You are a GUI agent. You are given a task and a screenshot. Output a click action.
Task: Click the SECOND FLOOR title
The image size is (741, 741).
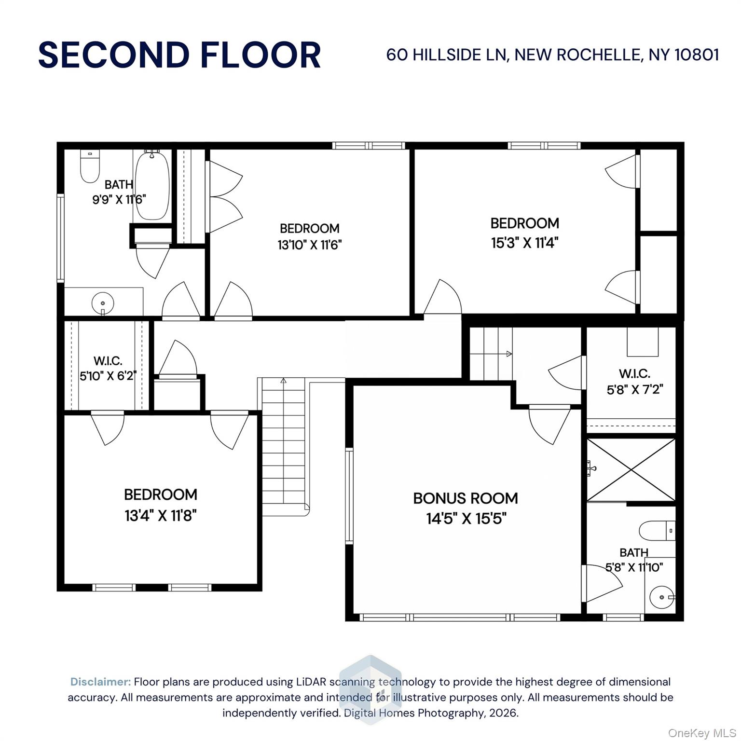click(x=179, y=55)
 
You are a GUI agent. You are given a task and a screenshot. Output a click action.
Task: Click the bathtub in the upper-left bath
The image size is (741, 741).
click(x=152, y=186)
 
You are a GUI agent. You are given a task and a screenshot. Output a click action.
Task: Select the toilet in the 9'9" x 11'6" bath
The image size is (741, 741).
click(x=90, y=167)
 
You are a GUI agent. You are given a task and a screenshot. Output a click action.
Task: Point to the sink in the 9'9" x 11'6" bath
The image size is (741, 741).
click(x=103, y=303)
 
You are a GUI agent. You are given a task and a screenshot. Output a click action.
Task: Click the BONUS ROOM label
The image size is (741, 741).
click(x=466, y=498)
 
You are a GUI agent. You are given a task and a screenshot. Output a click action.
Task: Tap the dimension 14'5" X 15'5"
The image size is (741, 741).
click(x=466, y=519)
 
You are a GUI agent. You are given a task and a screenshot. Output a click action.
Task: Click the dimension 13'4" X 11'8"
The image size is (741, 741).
click(x=161, y=516)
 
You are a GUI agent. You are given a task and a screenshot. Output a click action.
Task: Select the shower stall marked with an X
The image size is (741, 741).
click(x=631, y=469)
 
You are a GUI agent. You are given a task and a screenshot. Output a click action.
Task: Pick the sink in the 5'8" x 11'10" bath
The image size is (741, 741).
click(x=661, y=597)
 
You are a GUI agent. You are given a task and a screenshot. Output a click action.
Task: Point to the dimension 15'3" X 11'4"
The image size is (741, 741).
click(x=524, y=243)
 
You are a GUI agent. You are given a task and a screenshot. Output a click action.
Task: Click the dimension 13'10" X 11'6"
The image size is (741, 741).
click(x=309, y=245)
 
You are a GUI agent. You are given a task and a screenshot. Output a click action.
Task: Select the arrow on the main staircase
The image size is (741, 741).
click(x=283, y=381)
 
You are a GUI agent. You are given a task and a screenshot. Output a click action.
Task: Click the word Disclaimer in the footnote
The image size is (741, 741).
click(x=100, y=682)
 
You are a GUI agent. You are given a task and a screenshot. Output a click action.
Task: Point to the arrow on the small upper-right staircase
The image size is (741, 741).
click(x=508, y=354)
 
